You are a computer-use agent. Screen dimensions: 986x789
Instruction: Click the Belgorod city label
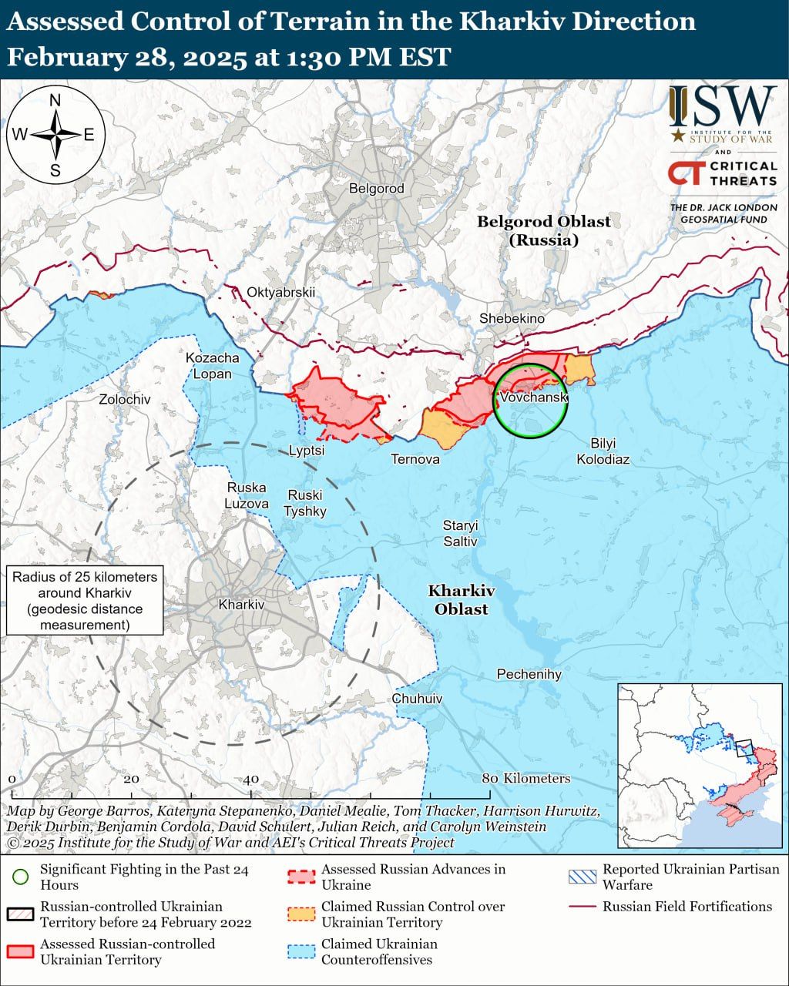coord(376,188)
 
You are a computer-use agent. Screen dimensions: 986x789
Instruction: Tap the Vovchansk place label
coord(533,397)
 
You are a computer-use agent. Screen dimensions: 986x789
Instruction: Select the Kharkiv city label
coord(241,605)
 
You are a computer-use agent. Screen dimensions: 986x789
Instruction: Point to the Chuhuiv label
coord(417,699)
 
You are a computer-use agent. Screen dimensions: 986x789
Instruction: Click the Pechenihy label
coord(529,674)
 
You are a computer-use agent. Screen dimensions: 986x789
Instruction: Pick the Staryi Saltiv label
coord(460,533)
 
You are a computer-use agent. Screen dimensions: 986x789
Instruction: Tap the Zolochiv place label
coord(125,399)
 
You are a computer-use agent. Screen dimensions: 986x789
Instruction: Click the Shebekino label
coord(512,318)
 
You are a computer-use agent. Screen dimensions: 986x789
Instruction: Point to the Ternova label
coord(415,459)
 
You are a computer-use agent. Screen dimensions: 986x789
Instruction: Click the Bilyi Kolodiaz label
coord(603,451)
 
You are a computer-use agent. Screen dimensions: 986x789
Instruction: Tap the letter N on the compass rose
coord(55,100)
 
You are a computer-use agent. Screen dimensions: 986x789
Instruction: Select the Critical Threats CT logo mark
coord(684,173)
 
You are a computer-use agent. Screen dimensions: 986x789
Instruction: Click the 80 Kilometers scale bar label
coord(526,778)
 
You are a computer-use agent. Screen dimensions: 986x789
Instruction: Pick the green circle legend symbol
coord(21,877)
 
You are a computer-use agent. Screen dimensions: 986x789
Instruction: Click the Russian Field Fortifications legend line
coord(582,907)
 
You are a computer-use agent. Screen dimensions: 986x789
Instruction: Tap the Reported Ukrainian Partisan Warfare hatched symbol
coord(582,877)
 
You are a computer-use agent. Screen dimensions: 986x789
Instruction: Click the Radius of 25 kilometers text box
coord(85,600)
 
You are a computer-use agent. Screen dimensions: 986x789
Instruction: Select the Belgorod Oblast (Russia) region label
coord(543,230)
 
